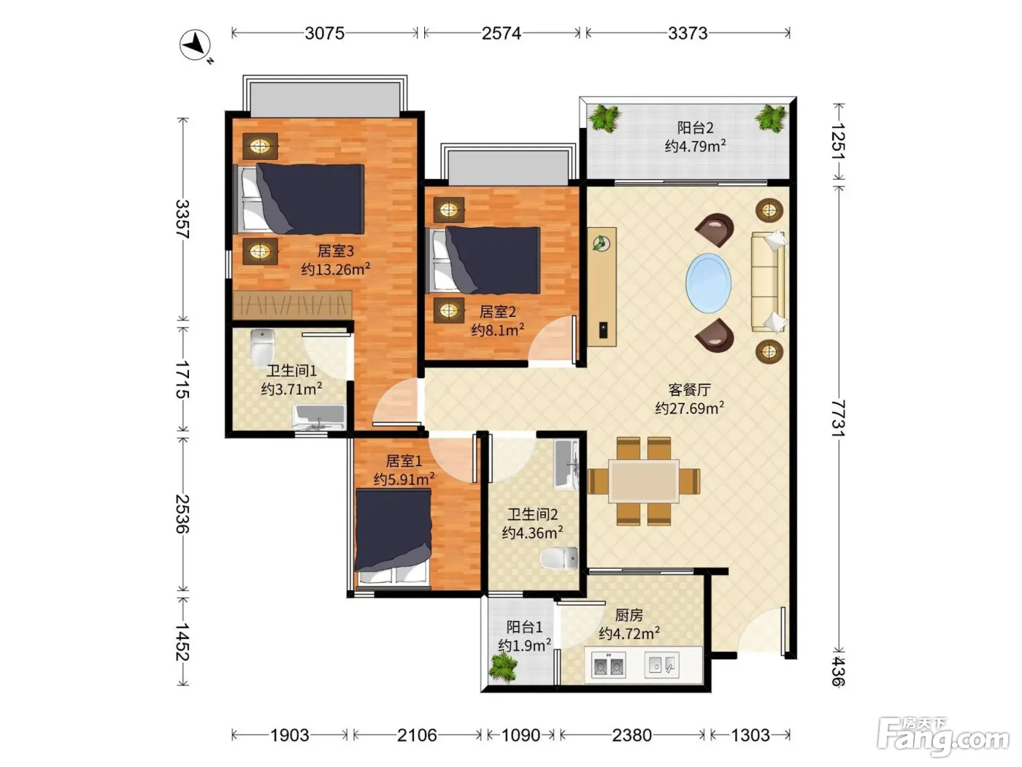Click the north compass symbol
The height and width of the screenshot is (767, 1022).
tap(196, 45)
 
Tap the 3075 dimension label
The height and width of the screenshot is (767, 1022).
tap(325, 34)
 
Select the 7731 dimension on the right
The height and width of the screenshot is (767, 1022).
tap(838, 418)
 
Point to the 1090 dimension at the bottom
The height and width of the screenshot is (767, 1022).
tap(520, 736)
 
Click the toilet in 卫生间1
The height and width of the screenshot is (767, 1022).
tap(263, 348)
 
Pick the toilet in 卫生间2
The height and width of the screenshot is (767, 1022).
tap(559, 558)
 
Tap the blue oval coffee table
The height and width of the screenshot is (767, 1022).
tap(708, 283)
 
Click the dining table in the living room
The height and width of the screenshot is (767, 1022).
tap(643, 481)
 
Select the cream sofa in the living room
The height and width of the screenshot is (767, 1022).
tap(768, 282)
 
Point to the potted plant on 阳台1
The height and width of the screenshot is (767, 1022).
tap(503, 667)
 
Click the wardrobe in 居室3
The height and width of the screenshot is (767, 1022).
tap(292, 305)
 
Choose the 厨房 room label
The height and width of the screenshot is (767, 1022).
tap(629, 615)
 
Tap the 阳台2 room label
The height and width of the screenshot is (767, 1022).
tap(695, 128)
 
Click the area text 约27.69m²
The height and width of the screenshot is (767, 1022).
tap(690, 408)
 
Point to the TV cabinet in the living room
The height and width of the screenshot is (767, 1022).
tap(602, 287)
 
